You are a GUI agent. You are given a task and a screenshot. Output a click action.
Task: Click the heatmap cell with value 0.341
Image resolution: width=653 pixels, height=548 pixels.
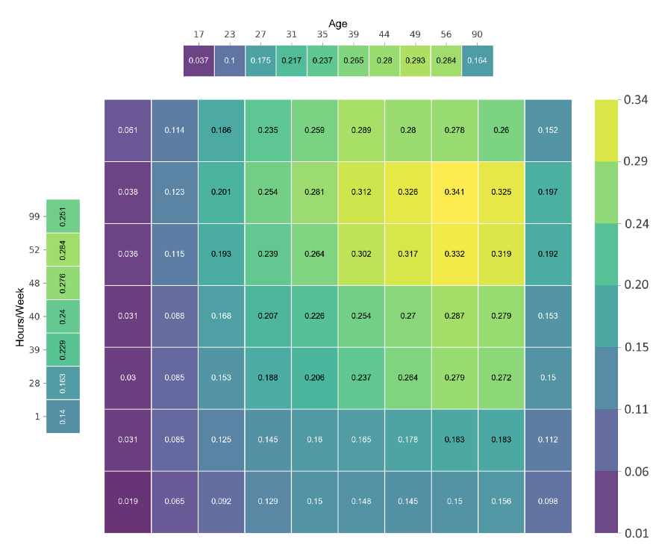coord(454,192)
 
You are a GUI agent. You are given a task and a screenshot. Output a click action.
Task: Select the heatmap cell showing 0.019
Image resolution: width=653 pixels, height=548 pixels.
coord(128,502)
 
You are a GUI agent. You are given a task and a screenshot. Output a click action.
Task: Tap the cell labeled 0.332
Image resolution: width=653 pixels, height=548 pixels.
coord(454,254)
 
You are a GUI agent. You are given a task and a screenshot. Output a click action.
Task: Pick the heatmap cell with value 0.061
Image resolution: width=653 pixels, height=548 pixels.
coord(128,130)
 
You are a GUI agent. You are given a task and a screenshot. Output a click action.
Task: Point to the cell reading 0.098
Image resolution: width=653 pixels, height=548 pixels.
coord(548,502)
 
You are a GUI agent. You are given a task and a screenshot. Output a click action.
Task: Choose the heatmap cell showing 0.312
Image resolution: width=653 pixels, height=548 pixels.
coord(361,192)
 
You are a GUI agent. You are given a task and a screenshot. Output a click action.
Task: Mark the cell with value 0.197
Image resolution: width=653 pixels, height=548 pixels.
coord(548,192)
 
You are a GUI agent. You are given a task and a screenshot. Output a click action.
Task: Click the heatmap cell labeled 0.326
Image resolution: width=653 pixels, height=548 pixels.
coord(407,192)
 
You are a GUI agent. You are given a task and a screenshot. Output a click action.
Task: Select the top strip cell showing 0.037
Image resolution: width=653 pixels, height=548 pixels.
coord(199,60)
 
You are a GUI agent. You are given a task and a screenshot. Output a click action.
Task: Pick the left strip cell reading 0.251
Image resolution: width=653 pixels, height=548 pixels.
coord(63,216)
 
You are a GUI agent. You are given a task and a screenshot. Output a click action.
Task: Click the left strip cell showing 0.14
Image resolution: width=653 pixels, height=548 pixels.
coord(63,417)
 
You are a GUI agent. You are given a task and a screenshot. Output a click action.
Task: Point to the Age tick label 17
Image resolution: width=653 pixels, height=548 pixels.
coord(199,34)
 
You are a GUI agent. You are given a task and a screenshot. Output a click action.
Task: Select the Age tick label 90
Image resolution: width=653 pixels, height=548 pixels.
coord(478,34)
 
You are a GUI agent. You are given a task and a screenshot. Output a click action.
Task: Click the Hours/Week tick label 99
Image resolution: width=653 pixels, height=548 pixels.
coord(34,217)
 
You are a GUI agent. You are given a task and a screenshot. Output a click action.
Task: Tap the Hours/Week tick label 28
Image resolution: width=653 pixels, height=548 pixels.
coord(34,383)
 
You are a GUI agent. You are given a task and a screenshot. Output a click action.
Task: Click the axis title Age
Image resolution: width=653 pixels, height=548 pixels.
coord(338,23)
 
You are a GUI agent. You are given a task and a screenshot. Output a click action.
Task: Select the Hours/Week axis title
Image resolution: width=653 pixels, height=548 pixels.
coord(20,317)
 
